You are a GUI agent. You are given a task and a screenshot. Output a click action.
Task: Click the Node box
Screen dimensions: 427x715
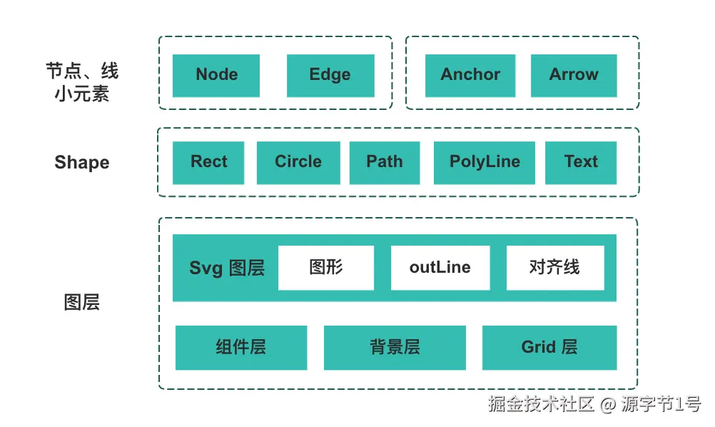click(x=216, y=75)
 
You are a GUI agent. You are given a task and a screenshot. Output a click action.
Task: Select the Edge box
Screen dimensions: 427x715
click(x=330, y=75)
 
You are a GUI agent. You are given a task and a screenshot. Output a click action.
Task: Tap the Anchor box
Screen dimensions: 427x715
click(x=470, y=75)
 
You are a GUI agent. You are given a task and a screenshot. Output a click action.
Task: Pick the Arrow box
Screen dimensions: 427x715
click(x=574, y=75)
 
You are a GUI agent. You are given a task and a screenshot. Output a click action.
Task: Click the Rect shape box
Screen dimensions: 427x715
click(x=208, y=162)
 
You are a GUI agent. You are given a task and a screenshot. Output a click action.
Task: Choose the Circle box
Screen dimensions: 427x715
click(x=298, y=162)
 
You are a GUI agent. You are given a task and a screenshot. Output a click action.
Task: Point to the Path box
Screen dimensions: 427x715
click(x=385, y=162)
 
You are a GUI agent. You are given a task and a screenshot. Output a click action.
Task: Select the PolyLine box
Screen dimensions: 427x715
click(x=485, y=162)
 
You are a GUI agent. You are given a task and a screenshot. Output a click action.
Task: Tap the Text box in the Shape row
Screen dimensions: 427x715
click(x=581, y=162)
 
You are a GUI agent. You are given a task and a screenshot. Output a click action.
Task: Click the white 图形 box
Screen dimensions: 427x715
click(x=326, y=268)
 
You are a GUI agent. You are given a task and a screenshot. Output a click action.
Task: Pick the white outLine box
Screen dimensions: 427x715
click(x=440, y=268)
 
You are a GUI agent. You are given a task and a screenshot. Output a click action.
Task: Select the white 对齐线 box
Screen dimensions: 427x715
click(x=555, y=268)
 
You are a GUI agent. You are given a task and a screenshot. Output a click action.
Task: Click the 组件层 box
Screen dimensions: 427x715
click(x=241, y=348)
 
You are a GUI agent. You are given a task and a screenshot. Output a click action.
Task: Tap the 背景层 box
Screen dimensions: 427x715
click(x=395, y=348)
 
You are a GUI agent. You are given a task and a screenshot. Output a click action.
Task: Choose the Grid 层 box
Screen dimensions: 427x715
click(x=549, y=348)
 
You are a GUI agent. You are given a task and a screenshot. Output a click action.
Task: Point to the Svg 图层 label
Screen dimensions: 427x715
click(x=227, y=268)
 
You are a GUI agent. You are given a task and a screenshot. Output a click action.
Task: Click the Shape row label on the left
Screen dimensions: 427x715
click(x=82, y=163)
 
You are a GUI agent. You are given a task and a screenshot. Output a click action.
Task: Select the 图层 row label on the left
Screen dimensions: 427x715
click(x=82, y=303)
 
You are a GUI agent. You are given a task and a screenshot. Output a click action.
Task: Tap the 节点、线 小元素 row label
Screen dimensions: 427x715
click(x=82, y=82)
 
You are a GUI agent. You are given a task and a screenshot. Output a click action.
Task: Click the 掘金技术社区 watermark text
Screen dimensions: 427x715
click(x=542, y=405)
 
